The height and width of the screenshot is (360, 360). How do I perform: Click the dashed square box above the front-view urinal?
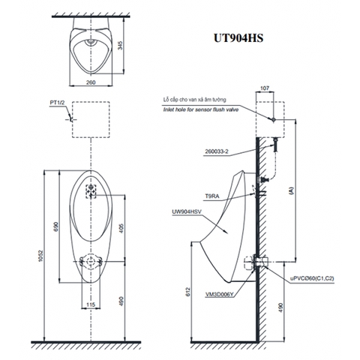pos(89,118)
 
